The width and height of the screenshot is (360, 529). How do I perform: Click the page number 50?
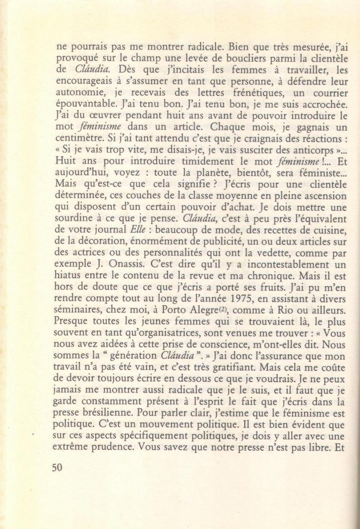coord(57,467)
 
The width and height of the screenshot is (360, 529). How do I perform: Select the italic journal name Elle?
coord(138,230)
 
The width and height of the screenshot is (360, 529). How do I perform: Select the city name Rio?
coord(286,310)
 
